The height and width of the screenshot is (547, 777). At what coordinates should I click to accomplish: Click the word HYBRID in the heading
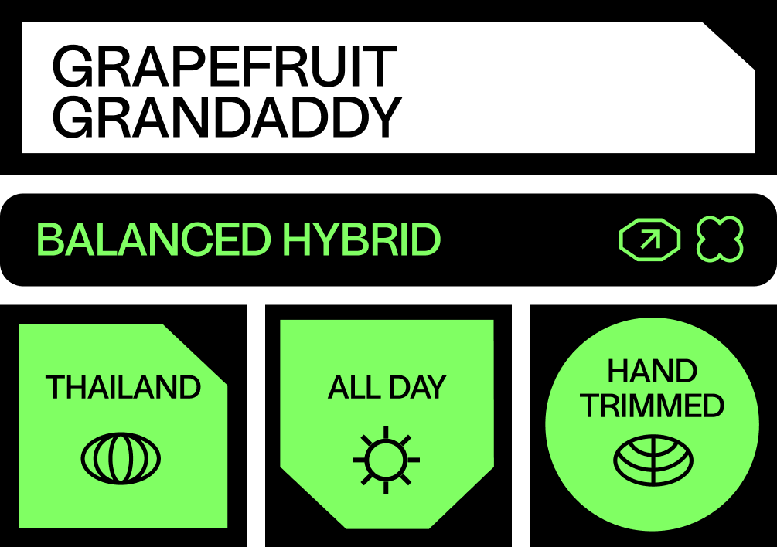pos(361,240)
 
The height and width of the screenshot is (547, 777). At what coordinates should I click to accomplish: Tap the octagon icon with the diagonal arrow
pos(649,240)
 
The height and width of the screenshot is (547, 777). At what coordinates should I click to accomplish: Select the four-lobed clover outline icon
pos(720,240)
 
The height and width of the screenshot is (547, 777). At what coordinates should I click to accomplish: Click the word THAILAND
pos(123,388)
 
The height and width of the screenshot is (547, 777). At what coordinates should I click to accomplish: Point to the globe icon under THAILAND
pos(121,458)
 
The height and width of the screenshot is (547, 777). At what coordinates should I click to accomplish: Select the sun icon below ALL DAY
pos(386,459)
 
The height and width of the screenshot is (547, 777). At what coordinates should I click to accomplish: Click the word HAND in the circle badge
pos(653,372)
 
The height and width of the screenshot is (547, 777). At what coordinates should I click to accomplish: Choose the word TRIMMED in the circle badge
pos(653,406)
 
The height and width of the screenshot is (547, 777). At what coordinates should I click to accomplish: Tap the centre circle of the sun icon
pos(386,459)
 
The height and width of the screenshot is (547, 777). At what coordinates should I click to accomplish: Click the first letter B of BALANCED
pos(49,240)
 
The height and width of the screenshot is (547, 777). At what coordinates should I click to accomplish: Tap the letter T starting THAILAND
pos(56,388)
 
